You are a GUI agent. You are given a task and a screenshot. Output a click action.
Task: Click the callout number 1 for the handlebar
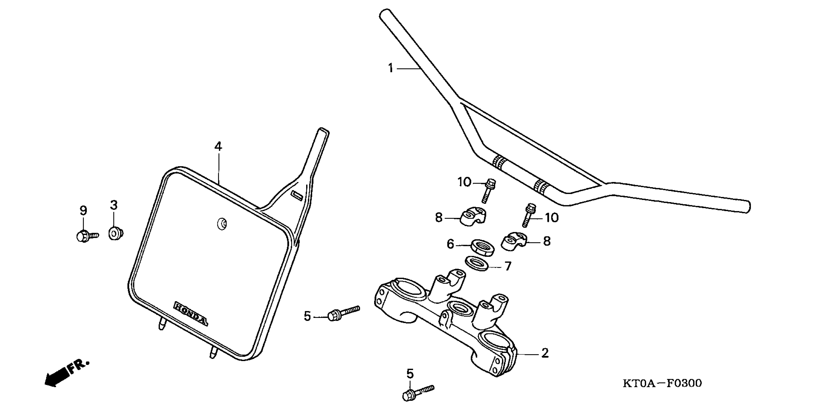coord(391,68)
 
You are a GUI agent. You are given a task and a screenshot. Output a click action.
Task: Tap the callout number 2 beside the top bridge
coord(545,353)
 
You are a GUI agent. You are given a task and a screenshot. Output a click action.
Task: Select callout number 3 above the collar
coord(114,205)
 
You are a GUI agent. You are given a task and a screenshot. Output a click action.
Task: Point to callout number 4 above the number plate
coord(218,147)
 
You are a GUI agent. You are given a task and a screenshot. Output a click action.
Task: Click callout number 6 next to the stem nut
coord(450,244)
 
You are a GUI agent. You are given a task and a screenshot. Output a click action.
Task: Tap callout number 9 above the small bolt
coord(83,211)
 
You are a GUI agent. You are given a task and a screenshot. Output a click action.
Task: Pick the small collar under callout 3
coord(116,233)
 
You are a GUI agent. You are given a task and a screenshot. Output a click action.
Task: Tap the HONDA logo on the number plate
coord(191,314)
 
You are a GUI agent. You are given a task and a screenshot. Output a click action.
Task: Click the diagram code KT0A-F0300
coord(662,383)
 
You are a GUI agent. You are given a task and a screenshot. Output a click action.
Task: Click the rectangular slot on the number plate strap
coord(297,196)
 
